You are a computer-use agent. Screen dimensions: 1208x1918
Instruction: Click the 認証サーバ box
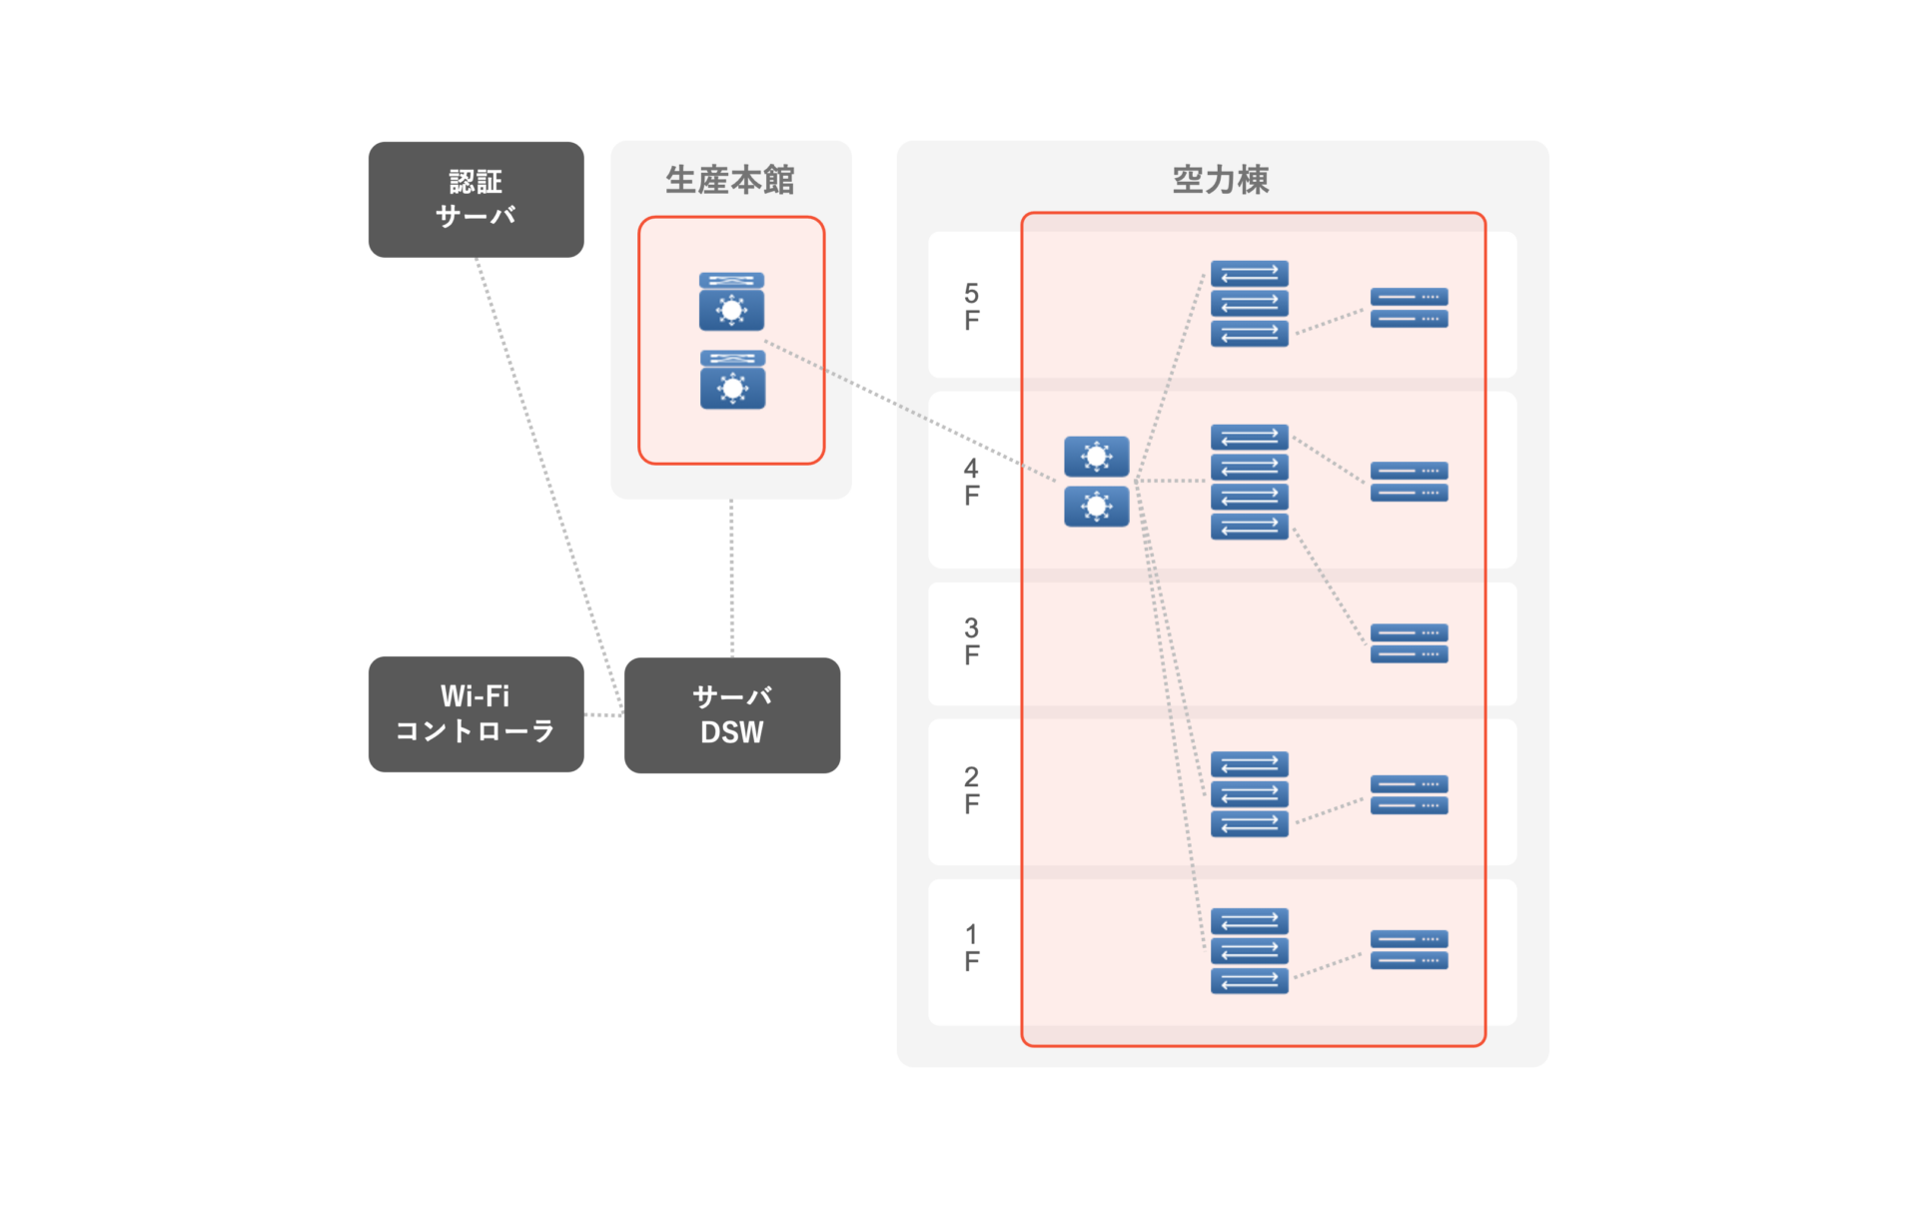click(x=476, y=199)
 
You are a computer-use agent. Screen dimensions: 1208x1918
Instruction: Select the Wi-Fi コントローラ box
click(x=476, y=713)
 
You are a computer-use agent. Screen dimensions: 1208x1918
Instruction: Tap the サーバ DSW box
click(x=731, y=714)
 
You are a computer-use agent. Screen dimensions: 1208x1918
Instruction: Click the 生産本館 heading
click(x=730, y=180)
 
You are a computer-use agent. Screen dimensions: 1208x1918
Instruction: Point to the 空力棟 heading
click(x=1220, y=180)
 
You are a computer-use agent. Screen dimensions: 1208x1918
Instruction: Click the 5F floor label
click(x=971, y=307)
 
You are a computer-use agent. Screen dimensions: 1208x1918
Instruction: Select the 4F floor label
click(x=971, y=482)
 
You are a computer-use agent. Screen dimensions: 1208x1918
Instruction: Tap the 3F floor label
click(x=971, y=641)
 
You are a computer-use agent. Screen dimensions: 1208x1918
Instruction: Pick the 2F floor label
click(x=971, y=790)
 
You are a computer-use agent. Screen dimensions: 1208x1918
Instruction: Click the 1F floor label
click(x=971, y=948)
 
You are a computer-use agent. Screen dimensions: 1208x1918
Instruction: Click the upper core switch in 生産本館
click(x=731, y=302)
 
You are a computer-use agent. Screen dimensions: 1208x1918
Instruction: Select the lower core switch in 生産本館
click(x=732, y=380)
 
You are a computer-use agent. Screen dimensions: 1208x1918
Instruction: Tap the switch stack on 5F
click(x=1249, y=304)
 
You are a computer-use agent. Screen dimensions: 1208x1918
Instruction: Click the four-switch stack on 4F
click(x=1249, y=482)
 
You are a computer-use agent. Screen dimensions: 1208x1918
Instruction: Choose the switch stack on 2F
click(x=1249, y=794)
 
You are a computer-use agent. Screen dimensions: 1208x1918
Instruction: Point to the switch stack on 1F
click(x=1249, y=951)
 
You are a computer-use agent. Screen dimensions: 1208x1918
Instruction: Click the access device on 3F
click(x=1409, y=643)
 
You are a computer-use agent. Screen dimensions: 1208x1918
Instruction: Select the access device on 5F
click(x=1409, y=308)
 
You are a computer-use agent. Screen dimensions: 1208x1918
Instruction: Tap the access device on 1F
click(x=1409, y=950)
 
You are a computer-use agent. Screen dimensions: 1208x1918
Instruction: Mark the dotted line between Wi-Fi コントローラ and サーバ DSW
click(x=603, y=715)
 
